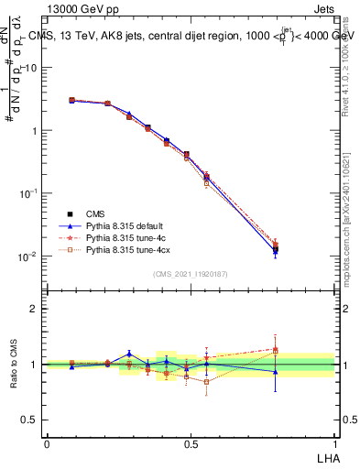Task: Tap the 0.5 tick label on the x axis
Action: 191,443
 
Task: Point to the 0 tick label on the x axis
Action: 47,443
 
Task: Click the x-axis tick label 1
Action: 334,443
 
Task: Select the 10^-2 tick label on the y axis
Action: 27,256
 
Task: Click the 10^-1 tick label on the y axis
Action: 27,193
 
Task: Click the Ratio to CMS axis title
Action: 14,365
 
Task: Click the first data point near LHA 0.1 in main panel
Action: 72,101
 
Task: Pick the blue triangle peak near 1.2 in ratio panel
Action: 130,354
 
